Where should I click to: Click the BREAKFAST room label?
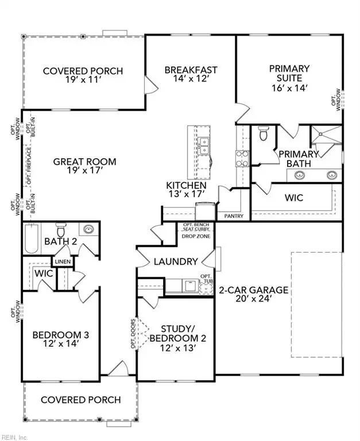tap(191, 70)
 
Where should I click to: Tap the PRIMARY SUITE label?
tap(289, 69)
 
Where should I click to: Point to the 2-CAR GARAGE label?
tap(253, 290)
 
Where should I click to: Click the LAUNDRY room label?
tap(175, 261)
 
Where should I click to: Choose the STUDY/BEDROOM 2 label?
tap(173, 329)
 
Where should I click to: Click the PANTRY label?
tap(234, 216)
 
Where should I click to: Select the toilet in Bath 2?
tap(61, 229)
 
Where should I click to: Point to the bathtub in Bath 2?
tap(31, 239)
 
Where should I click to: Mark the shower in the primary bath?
tap(326, 136)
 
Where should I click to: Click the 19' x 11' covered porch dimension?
tap(83, 81)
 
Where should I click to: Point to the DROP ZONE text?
tap(196, 237)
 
